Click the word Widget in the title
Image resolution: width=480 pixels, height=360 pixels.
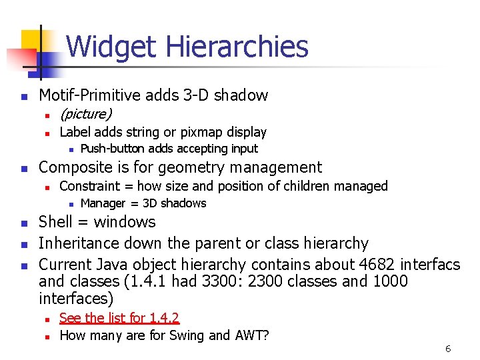coord(111,47)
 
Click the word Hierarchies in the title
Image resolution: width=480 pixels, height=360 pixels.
coord(237,47)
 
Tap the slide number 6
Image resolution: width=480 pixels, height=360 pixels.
coord(449,349)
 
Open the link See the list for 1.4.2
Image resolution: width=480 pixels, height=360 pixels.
coord(119,318)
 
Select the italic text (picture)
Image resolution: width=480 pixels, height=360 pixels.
coord(86,114)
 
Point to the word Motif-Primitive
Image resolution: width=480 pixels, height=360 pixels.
coord(90,95)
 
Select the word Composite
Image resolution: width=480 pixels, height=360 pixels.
coord(74,167)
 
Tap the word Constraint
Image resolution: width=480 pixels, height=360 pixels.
coord(88,186)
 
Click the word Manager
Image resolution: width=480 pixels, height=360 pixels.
coord(103,203)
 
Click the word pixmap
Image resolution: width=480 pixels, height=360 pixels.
coord(203,133)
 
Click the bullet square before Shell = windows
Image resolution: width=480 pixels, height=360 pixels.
coord(24,223)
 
